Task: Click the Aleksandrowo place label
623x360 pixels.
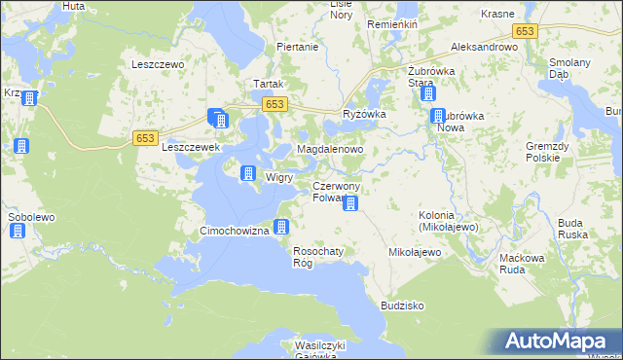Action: point(484,47)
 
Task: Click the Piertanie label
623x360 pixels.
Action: point(298,47)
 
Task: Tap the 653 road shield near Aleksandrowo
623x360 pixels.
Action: point(525,31)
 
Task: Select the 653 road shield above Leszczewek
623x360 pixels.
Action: point(145,138)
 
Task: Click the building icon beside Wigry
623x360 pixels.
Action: point(247,173)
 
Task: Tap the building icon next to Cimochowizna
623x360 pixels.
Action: point(281,228)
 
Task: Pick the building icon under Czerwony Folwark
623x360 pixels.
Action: point(351,204)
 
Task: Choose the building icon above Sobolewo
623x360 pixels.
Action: point(18,231)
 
